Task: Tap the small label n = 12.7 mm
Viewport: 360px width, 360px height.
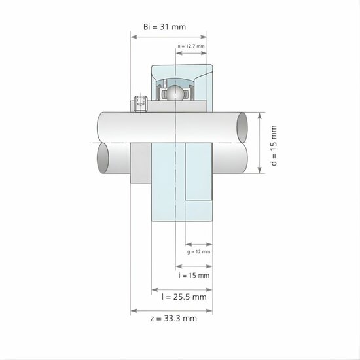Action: click(191, 46)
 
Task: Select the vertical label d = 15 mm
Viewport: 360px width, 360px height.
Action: click(274, 146)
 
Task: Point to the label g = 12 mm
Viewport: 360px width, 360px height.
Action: click(198, 251)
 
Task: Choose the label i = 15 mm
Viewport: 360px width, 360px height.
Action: click(194, 276)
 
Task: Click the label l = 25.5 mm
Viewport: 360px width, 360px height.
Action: click(183, 297)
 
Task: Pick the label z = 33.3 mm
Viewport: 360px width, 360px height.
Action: click(172, 319)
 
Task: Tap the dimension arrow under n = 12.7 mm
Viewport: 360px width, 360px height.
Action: click(191, 54)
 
